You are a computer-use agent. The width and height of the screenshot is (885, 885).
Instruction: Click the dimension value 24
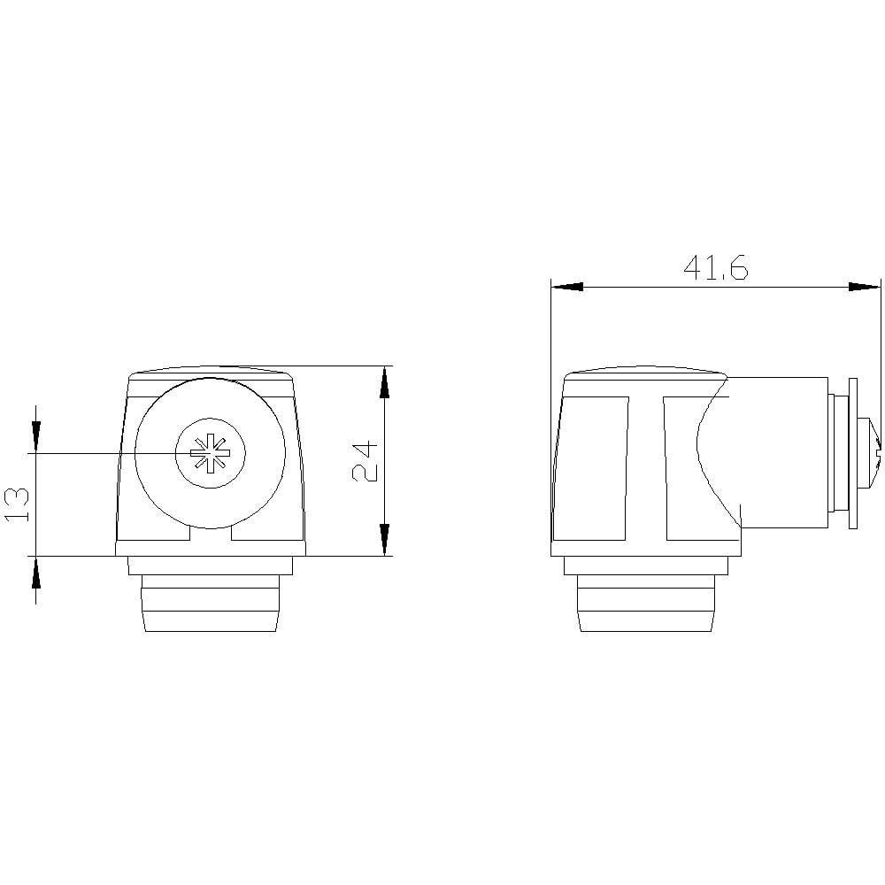365,461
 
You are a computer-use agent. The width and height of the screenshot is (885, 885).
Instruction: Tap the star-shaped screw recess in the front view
210,452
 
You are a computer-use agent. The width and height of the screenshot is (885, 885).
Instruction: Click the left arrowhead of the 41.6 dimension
566,287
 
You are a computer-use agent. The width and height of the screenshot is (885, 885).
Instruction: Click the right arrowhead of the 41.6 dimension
865,287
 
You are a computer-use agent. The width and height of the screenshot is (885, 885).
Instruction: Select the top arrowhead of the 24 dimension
384,382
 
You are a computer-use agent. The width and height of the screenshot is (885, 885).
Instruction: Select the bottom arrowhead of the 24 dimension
384,540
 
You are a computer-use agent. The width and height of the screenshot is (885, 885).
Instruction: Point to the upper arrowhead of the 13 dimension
36,437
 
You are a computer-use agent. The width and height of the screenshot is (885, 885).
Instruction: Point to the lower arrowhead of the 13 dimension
36,572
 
